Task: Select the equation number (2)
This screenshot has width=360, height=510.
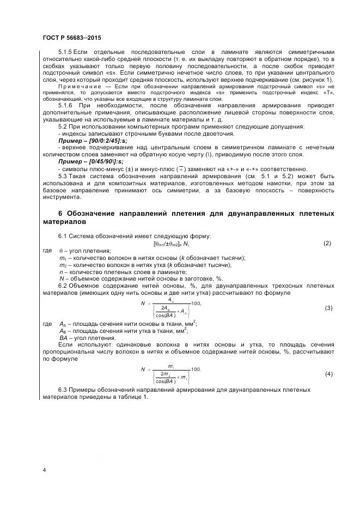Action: pos(327,243)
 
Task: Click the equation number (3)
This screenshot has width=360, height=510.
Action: pos(328,308)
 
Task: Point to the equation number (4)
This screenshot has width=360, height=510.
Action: pos(328,374)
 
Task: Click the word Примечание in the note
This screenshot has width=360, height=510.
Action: pos(76,86)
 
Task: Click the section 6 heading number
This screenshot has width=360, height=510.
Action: pos(60,212)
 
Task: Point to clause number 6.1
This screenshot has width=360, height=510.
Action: pos(63,236)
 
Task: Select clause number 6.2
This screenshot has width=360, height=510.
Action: pos(63,286)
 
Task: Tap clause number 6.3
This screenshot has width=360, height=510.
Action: pos(63,390)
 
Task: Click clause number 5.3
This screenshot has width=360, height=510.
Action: pos(63,176)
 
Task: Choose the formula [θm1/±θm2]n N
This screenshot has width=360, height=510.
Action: pos(179,244)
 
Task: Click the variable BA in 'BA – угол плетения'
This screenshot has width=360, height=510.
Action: pos(63,337)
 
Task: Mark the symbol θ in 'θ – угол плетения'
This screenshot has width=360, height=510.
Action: pos(60,251)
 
